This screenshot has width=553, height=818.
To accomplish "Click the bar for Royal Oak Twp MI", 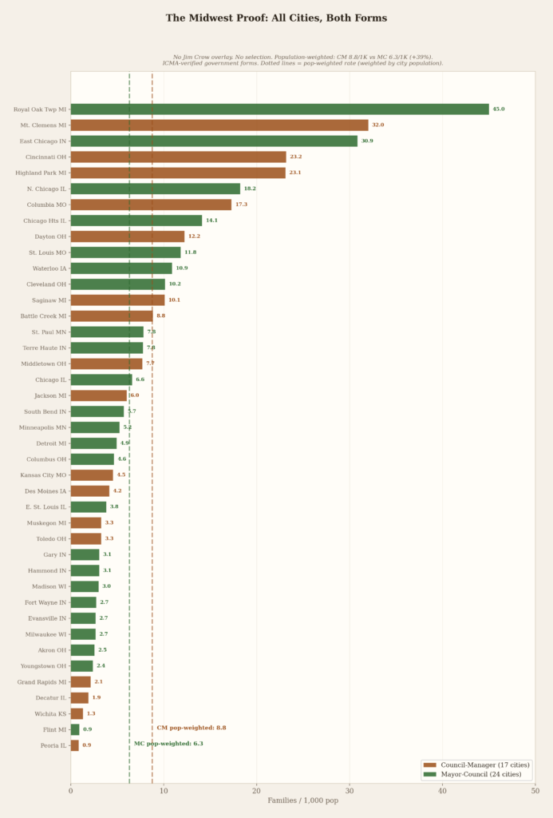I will point(279,109).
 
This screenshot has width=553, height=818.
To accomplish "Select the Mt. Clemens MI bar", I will point(219,125).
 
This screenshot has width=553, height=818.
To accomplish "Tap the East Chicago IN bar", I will point(214,141).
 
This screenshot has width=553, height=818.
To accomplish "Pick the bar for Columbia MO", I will point(151,204).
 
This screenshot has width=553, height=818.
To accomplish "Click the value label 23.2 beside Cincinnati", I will point(296,157).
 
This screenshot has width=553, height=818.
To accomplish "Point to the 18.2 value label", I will point(250,189).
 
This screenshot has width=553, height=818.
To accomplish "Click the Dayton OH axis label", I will point(50,236).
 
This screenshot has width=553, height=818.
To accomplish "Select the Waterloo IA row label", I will point(49,268).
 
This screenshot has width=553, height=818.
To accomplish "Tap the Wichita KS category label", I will point(49,713).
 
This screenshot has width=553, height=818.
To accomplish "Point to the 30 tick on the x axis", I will point(350,792).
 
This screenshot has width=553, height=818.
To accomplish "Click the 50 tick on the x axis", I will point(535,792).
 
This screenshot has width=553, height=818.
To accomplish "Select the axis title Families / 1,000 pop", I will point(302,800).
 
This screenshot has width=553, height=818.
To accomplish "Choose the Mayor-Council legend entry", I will point(475,774).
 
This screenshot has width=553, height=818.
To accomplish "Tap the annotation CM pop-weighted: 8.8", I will point(192,728).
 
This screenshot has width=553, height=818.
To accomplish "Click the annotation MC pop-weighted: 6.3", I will point(168,744).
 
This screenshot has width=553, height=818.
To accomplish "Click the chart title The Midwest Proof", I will point(276,18).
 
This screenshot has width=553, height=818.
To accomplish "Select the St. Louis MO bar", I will point(125,252).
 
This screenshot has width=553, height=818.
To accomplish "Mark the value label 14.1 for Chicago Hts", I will point(211,220).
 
